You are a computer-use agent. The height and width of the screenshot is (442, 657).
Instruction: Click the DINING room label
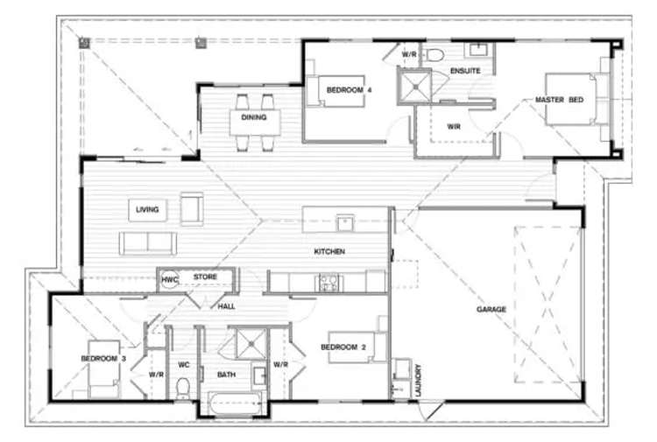[x=254, y=116]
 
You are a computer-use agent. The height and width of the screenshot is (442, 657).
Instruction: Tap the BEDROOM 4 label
[x=350, y=90]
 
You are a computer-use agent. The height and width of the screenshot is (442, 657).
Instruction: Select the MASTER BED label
[x=559, y=101]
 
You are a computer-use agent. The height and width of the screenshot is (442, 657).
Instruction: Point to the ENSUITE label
[x=464, y=70]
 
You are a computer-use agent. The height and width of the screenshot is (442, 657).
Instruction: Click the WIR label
[x=453, y=126]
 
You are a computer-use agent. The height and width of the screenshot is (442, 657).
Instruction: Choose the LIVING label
[x=146, y=210]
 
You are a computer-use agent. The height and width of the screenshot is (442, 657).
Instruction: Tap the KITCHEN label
[x=330, y=252]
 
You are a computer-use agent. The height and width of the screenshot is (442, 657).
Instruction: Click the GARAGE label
[x=491, y=309]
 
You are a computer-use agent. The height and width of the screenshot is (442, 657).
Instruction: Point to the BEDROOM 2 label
[x=342, y=347]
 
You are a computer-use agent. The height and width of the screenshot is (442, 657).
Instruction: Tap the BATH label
[x=226, y=375]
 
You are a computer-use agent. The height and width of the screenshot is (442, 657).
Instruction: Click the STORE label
[x=205, y=277]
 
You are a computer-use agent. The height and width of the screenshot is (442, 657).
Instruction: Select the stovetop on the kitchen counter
[x=329, y=282]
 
